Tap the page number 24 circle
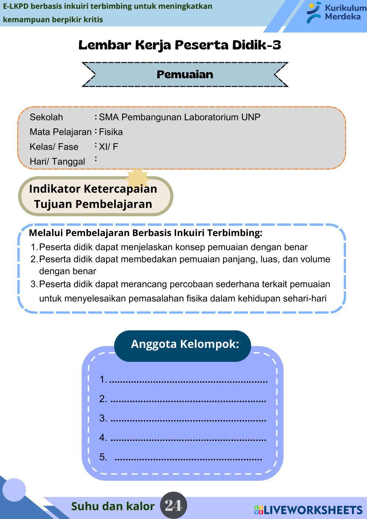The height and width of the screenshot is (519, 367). coord(174,506)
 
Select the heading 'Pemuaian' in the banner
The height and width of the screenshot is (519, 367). coord(185,75)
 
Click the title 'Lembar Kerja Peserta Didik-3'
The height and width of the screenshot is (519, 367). coord(180,45)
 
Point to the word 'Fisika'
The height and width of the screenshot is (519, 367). coord(111,132)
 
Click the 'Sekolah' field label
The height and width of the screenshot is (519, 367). coord(46,117)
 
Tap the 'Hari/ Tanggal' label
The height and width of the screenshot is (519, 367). coord(57,161)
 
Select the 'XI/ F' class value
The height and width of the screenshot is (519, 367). coord(108,147)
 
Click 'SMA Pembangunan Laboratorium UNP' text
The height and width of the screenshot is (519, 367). coord(179,117)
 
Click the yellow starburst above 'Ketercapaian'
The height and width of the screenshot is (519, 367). coord(137,178)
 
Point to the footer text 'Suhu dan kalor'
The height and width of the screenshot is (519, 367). coord(113,506)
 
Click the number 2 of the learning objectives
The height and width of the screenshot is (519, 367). coord(34,259)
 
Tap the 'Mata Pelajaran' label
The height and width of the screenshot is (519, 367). coord(61,132)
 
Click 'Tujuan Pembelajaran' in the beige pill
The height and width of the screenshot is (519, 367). coord(93,204)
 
